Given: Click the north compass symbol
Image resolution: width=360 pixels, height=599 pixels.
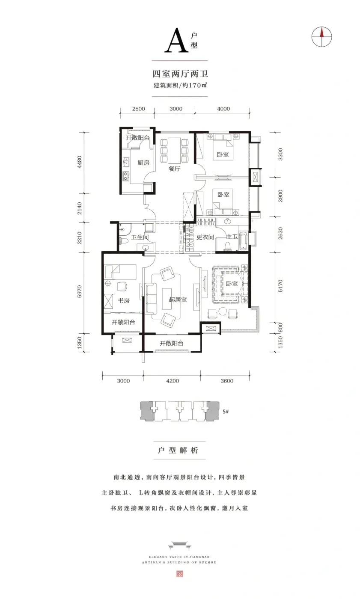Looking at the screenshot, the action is (321, 37).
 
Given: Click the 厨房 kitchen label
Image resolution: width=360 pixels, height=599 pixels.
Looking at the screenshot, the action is (143, 163).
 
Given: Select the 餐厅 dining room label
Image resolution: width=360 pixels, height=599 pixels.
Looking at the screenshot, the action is (174, 169).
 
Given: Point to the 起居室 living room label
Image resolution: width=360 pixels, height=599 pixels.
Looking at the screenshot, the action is (178, 300).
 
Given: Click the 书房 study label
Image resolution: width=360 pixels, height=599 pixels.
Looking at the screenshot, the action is (124, 300).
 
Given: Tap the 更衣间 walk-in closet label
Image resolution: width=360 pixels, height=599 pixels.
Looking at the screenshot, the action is (205, 237).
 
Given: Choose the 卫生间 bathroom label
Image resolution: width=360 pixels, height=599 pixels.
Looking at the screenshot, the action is (140, 237).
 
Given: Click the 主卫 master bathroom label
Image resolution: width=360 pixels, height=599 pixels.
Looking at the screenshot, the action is (232, 237).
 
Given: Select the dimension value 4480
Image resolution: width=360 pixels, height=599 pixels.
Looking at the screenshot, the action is (79, 162).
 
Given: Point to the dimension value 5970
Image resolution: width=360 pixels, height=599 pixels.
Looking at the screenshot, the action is (79, 291).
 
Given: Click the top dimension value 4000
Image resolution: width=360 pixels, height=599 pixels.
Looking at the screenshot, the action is (223, 109).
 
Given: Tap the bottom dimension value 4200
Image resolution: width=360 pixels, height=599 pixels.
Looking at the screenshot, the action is (173, 381).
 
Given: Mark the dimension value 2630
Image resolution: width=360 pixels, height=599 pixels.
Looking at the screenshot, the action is (280, 233).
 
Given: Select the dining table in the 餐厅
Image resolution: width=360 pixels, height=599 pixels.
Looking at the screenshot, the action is (174, 151).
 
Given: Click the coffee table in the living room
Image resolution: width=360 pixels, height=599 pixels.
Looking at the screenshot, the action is (167, 299).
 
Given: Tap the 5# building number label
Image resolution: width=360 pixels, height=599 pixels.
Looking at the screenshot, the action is (226, 412).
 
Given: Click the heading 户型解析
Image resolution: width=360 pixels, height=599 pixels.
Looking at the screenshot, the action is (178, 450).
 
